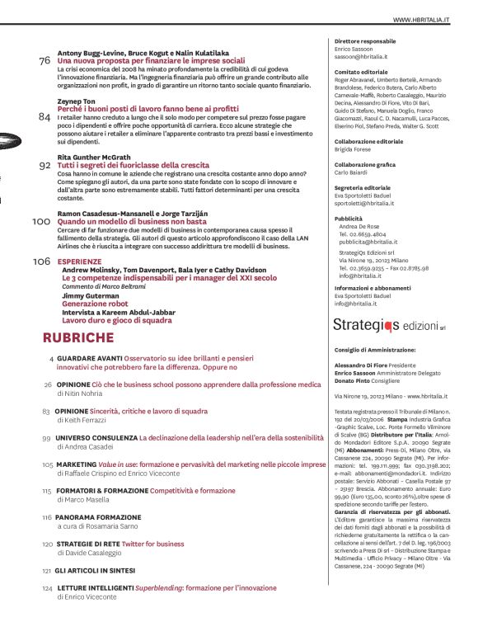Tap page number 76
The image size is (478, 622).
pyautogui.click(x=45, y=61)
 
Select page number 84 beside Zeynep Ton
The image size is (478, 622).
pyautogui.click(x=45, y=116)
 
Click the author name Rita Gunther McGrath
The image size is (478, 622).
pyautogui.click(x=94, y=156)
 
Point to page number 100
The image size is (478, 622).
pyautogui.click(x=41, y=221)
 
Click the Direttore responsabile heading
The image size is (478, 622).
pyautogui.click(x=365, y=40)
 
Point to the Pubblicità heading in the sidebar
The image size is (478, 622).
pyautogui.click(x=349, y=218)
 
